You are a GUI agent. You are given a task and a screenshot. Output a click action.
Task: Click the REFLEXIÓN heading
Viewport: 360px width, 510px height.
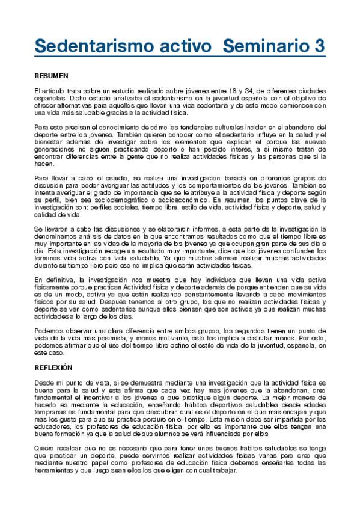(x=53, y=367)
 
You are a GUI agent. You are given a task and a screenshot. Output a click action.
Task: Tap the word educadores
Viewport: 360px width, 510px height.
(x=53, y=425)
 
